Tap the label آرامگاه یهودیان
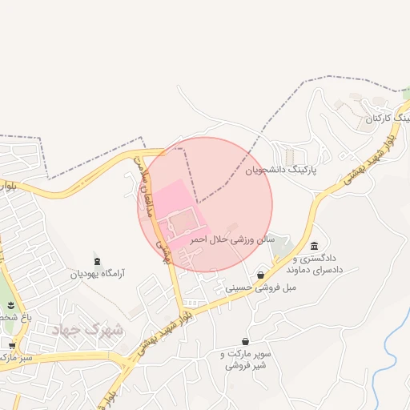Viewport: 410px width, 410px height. tap(98, 274)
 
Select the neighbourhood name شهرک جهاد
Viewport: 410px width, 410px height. tap(87, 329)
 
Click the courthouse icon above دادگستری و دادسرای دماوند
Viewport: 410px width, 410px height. tap(314, 246)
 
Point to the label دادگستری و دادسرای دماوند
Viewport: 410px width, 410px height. tap(318, 264)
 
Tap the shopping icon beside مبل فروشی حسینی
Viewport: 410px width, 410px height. tap(261, 275)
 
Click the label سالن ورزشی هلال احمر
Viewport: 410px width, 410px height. tap(232, 239)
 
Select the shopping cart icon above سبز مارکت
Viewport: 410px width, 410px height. tap(11, 345)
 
